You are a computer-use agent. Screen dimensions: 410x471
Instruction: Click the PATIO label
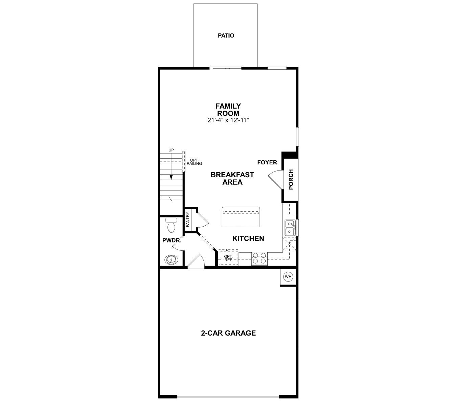click(x=226, y=36)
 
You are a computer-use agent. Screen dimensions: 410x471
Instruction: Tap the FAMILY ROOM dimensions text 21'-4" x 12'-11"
click(x=228, y=120)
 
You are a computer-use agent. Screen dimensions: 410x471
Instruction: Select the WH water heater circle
click(x=288, y=277)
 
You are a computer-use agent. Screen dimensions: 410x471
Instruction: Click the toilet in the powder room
click(x=171, y=225)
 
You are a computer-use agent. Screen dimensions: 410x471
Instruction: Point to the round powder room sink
click(x=172, y=260)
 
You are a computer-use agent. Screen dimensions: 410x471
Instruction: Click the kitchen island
click(x=241, y=217)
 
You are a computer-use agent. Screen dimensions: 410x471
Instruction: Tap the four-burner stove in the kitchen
click(x=260, y=259)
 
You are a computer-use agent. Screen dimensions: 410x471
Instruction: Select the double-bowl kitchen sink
click(x=290, y=228)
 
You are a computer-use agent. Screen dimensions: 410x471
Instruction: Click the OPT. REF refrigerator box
click(x=228, y=258)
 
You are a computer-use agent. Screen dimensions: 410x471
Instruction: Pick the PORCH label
click(x=291, y=179)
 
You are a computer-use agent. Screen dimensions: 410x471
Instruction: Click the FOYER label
click(x=267, y=162)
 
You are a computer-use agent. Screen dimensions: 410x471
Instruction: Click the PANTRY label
click(x=188, y=220)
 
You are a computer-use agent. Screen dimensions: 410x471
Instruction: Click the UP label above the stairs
click(x=171, y=150)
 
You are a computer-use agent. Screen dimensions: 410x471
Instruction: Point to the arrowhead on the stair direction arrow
click(x=171, y=177)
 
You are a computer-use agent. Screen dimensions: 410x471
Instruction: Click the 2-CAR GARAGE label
click(x=228, y=333)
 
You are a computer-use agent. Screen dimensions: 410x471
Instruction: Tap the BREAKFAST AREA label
click(x=232, y=178)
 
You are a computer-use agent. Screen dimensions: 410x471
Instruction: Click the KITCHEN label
click(x=248, y=238)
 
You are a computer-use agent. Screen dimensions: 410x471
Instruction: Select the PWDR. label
click(x=172, y=241)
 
